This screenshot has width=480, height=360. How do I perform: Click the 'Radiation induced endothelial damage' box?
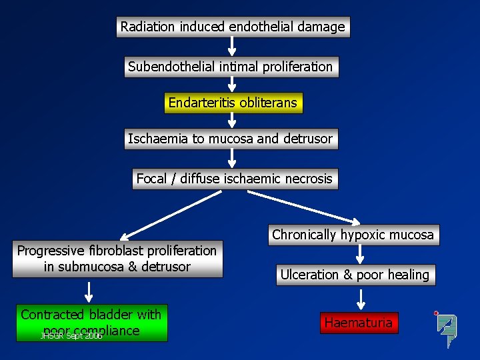point(233,27)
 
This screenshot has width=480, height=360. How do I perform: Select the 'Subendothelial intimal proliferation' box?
point(231,67)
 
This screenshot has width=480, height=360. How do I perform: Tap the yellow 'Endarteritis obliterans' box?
point(233,103)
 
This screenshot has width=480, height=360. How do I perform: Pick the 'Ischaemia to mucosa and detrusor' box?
point(230,139)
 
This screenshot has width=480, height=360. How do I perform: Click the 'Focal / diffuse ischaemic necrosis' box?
point(234,179)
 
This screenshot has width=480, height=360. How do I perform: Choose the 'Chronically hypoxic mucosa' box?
point(353,235)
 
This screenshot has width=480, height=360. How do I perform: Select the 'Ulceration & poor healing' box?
point(355,275)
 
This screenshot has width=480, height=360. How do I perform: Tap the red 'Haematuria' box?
point(359,323)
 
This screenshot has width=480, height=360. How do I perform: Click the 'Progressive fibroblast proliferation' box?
point(117,259)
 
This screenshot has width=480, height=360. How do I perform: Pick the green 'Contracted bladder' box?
point(91,323)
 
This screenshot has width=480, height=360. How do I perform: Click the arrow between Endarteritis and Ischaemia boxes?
point(232,120)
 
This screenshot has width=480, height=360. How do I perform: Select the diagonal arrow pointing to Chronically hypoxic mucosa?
point(303,207)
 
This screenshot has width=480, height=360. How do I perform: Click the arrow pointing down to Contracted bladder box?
point(89,291)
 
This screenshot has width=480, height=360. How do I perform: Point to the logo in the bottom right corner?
point(445,329)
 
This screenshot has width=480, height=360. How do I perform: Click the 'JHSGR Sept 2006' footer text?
point(71,336)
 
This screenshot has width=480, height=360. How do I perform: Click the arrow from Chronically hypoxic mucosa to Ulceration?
point(359,254)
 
